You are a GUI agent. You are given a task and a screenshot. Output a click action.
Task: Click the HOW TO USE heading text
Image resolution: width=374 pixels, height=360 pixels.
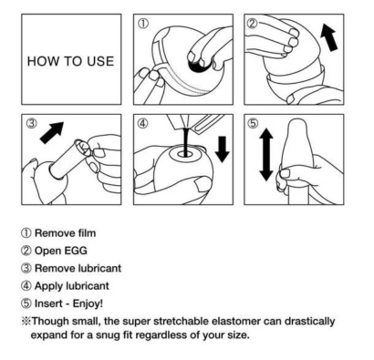tap(70, 61)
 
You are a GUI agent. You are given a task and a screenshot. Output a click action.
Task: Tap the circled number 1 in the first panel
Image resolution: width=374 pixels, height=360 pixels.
tap(143, 24)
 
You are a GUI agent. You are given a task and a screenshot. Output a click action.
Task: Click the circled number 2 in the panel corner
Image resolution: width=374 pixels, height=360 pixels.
tap(252, 24)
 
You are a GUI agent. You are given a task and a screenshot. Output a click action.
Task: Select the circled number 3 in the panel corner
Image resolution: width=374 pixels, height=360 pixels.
tap(32, 123)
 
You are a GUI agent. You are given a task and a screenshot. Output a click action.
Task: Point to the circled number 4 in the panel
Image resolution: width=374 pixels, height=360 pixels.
tap(143, 123)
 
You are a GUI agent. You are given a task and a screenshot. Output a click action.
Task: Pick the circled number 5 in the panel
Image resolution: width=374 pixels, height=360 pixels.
tap(253, 123)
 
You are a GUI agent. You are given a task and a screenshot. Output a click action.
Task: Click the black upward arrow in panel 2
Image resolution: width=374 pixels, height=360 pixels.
tap(329, 37)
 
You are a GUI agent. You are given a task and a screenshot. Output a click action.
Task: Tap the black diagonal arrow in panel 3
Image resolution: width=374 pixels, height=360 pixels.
tap(52, 132)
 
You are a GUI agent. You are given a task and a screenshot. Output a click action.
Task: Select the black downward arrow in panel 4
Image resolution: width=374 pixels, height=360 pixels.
tap(223, 149)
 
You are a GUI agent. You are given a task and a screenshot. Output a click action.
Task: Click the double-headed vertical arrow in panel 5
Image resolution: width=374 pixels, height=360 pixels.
tap(266, 154)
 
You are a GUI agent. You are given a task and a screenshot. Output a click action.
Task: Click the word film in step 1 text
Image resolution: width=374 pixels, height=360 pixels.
tap(87, 233)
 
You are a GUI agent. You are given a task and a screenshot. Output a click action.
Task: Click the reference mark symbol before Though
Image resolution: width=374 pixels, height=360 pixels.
tap(26, 321)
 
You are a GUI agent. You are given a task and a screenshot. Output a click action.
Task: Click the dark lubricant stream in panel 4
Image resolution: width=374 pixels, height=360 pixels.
tap(185, 141)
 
